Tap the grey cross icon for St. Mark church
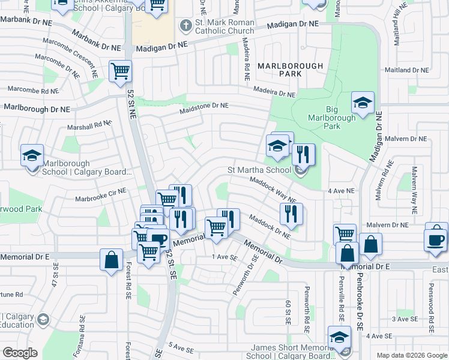click(x=185, y=26)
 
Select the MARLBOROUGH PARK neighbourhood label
click(x=290, y=70)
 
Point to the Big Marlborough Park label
click(x=340, y=114)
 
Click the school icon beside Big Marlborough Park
click(x=363, y=103)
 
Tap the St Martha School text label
click(x=259, y=170)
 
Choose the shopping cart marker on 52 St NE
click(x=121, y=71)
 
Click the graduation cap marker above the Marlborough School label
click(x=32, y=156)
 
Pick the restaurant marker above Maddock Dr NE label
click(x=291, y=214)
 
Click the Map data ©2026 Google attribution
click(x=412, y=355)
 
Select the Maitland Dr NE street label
click(x=408, y=70)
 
